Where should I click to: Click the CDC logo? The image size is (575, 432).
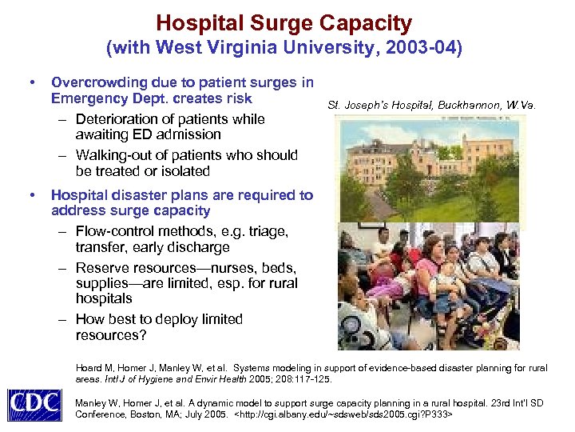(x=34, y=404)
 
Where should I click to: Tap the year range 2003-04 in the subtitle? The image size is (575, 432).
(x=418, y=48)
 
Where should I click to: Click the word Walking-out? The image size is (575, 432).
(x=116, y=155)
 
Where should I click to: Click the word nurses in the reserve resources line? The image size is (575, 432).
(x=232, y=267)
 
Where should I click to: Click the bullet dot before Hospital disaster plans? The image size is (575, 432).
(x=31, y=195)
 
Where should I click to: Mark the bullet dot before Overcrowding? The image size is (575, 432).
(x=31, y=82)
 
